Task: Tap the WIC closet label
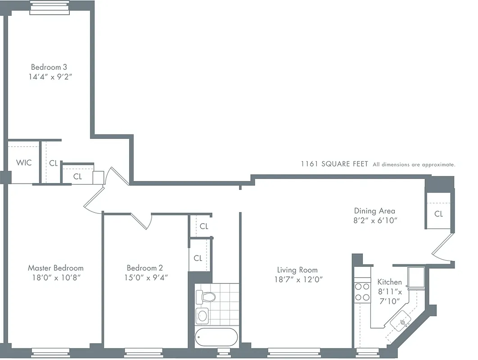(24, 162)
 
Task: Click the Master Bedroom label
(55, 268)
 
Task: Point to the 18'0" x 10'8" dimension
(55, 278)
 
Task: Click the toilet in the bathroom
(207, 296)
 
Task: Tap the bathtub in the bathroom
(216, 337)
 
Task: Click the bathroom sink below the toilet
(203, 315)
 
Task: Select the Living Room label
(297, 270)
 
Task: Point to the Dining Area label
(374, 211)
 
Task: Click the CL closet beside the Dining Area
(438, 214)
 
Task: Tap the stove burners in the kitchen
(361, 291)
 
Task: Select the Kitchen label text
(389, 282)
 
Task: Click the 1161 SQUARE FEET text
(334, 164)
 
